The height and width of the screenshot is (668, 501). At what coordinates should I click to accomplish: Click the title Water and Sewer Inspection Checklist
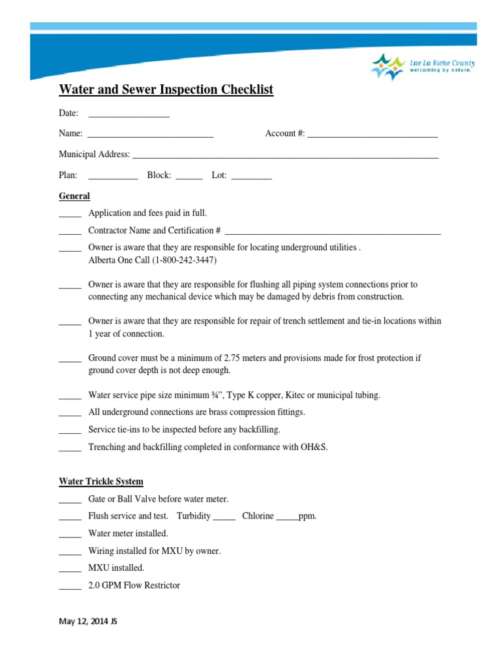tap(166, 89)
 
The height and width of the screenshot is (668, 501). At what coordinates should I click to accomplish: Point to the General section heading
tap(74, 196)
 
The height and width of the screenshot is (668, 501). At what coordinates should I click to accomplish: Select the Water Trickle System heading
tap(101, 481)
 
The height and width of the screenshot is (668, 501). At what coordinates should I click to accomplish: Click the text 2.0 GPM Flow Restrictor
tap(134, 585)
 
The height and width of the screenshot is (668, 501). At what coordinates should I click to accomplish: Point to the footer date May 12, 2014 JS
tap(88, 622)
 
